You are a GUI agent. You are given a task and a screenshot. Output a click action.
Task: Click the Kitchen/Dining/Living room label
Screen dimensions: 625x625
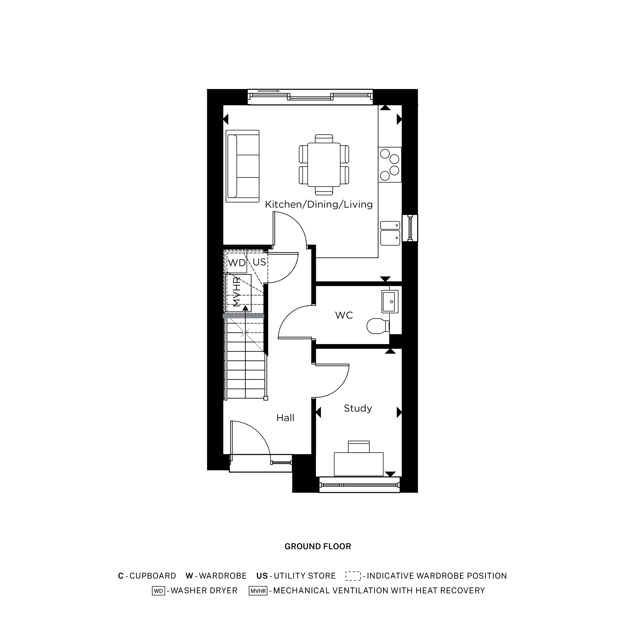(x=319, y=204)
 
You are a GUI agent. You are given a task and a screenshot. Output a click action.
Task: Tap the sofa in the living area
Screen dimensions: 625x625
(x=242, y=166)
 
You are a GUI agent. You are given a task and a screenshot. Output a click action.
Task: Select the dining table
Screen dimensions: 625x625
(x=324, y=165)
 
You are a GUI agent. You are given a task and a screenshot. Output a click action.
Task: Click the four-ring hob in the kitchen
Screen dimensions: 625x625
(x=390, y=165)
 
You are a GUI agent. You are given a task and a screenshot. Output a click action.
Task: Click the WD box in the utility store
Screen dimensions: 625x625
(x=237, y=263)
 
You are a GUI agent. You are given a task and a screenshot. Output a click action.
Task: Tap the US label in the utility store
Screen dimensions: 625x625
(x=259, y=262)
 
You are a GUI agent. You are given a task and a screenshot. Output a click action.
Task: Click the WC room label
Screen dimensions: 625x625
(x=344, y=315)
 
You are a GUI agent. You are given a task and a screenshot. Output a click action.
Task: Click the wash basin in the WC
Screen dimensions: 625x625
(x=390, y=302)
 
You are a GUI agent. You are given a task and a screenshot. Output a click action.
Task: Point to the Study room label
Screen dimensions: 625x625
(x=358, y=408)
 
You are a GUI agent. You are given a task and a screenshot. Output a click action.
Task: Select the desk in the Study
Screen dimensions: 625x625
(x=358, y=464)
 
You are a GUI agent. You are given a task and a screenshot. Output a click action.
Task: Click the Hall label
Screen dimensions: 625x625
(x=285, y=418)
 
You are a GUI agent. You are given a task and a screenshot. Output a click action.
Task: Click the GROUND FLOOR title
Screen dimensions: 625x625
(x=318, y=546)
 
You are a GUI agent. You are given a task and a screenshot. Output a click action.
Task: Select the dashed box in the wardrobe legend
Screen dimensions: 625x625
(x=353, y=576)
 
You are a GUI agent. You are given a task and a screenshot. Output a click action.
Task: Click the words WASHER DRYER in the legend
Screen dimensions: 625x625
(x=204, y=590)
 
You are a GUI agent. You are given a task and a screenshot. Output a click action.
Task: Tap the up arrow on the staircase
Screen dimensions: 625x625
(x=246, y=308)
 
